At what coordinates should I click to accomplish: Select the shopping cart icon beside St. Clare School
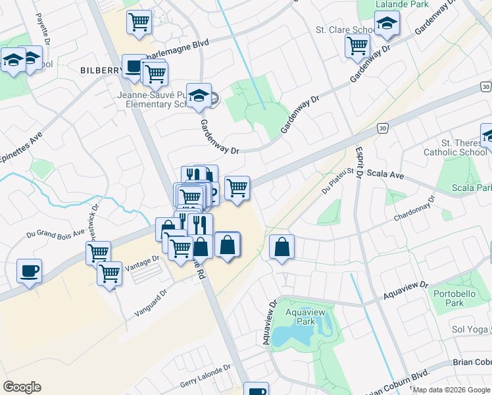(x=357, y=45)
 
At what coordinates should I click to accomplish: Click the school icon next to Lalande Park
(x=387, y=25)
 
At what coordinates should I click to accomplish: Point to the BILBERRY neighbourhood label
(x=101, y=70)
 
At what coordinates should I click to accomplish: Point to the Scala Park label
(x=472, y=188)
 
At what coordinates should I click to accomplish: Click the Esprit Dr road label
(x=360, y=157)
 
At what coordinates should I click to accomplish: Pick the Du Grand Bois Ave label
(x=55, y=232)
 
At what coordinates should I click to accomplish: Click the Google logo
(x=22, y=387)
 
